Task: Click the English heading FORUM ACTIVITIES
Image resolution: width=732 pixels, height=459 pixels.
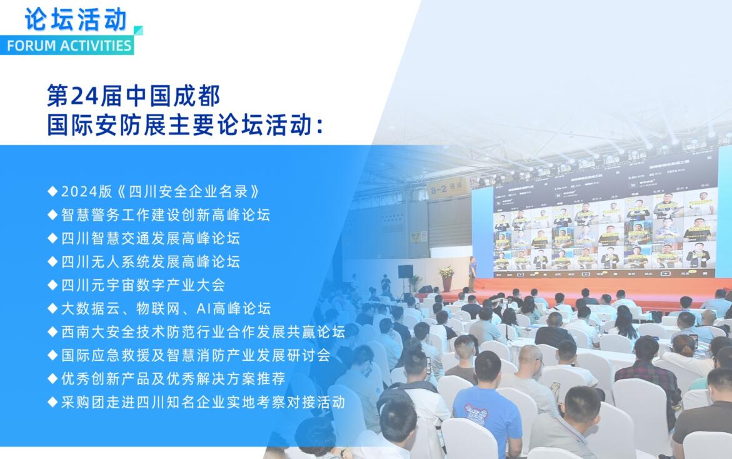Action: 69,45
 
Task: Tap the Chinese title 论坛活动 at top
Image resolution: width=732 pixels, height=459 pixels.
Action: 76,19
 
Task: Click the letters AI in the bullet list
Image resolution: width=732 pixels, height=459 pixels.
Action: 204,309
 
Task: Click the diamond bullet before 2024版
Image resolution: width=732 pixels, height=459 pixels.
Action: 53,191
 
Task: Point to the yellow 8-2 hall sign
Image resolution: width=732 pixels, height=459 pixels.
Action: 448,188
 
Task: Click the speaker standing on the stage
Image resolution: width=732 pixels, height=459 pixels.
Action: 473,274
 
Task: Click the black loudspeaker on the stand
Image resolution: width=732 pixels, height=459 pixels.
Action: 405,271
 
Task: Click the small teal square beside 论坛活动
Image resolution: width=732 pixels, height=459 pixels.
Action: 138,31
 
